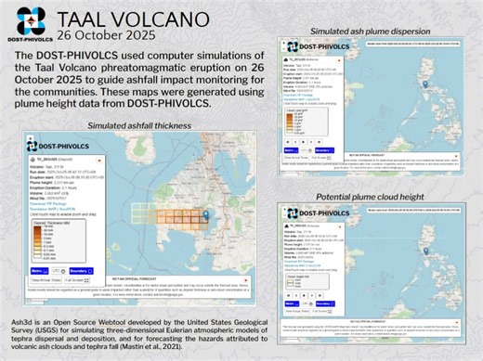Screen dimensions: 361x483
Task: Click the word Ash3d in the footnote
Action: [x=21, y=320]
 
